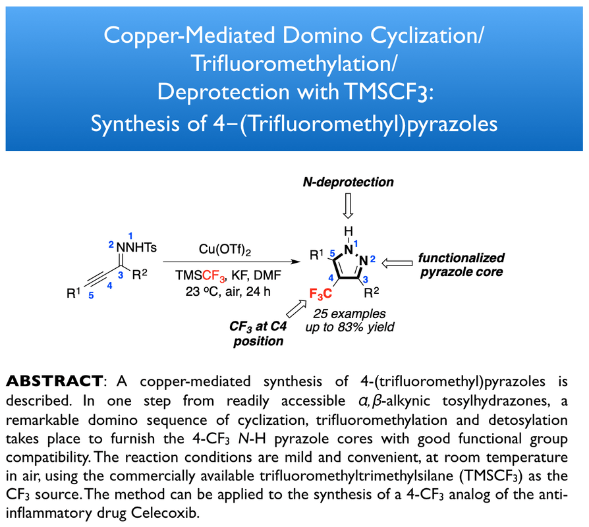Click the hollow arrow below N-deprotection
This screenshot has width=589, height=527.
pos(349,207)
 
